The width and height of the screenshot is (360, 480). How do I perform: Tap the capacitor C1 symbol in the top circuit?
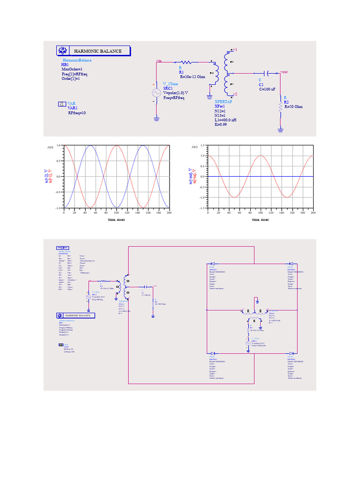(x=267, y=74)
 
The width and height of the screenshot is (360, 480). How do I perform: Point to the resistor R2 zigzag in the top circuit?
(x=280, y=107)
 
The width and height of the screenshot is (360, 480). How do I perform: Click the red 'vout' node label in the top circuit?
(x=284, y=72)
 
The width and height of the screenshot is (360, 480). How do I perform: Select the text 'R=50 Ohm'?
(x=293, y=106)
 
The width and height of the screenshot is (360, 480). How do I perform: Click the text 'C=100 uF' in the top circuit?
(x=270, y=89)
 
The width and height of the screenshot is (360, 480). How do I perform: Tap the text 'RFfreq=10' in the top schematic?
(x=77, y=113)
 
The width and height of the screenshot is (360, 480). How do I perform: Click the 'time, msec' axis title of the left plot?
(x=116, y=219)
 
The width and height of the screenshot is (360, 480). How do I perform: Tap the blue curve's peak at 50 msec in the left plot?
(x=90, y=146)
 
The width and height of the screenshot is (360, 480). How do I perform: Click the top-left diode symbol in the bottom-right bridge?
(x=212, y=264)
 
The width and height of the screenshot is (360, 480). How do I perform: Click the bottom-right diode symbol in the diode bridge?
(x=292, y=353)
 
